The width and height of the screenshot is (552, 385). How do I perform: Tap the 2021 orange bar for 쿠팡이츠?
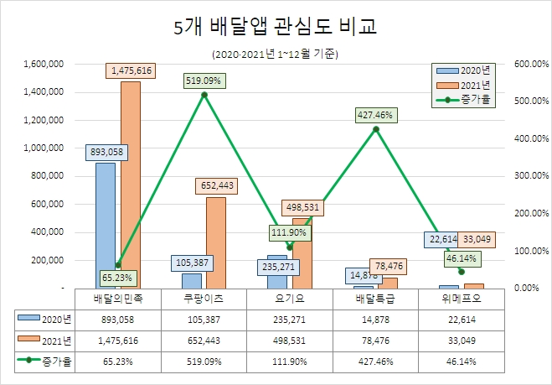[215, 242]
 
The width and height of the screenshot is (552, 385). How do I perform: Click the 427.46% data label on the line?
[375, 115]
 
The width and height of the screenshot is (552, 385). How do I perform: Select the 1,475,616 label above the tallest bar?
[130, 70]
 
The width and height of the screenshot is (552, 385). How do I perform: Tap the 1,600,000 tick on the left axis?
[45, 64]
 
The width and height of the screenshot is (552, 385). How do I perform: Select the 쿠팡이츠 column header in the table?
[204, 298]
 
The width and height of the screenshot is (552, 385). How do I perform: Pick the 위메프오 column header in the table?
[462, 298]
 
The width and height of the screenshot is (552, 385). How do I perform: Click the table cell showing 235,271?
[290, 319]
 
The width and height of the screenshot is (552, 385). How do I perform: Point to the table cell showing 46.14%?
[462, 362]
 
